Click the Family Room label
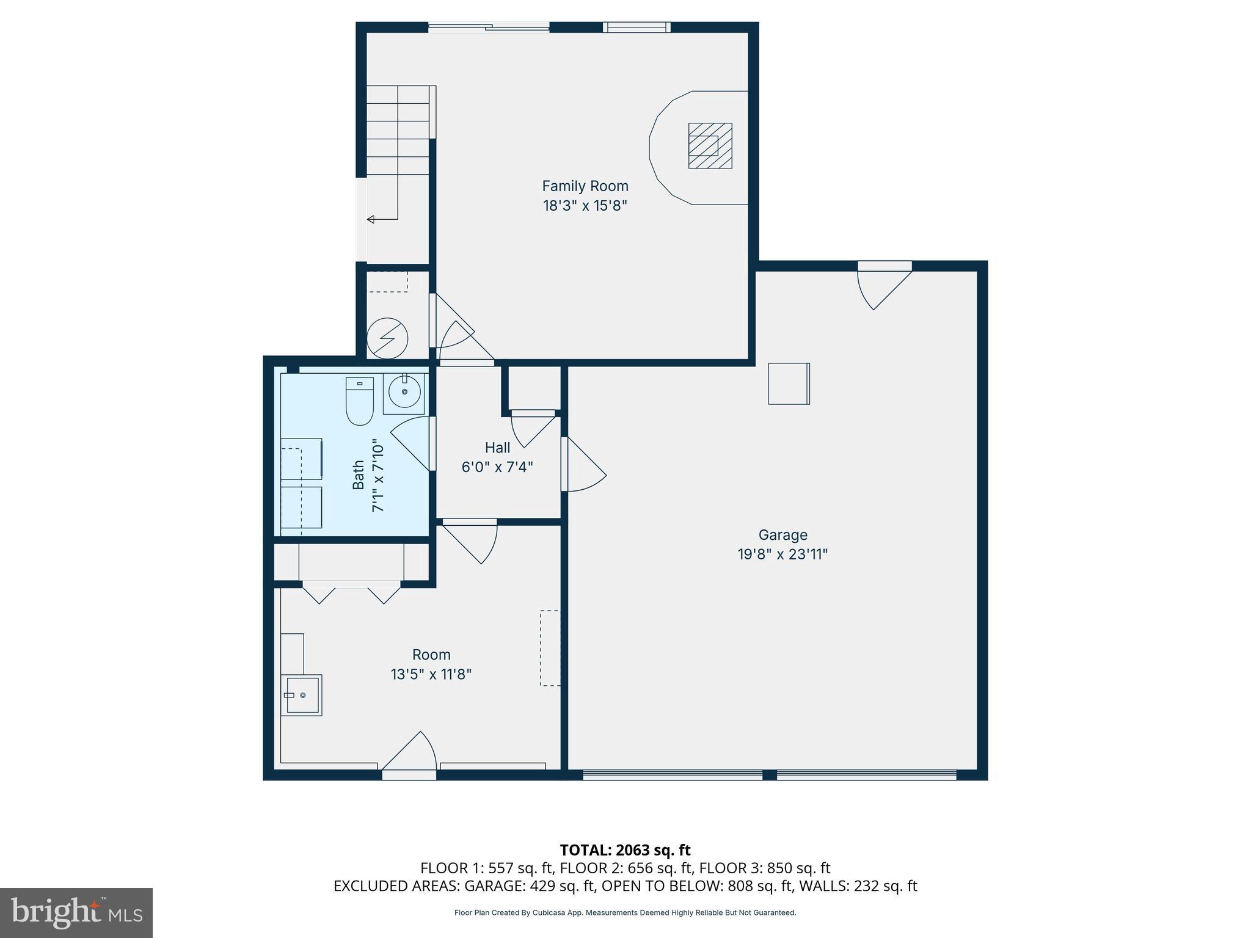tap(585, 186)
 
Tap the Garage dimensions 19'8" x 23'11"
tap(782, 554)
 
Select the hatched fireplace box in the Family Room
tap(710, 146)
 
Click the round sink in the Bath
tap(404, 392)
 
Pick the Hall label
tap(497, 448)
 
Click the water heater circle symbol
tap(387, 338)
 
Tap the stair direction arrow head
tap(371, 219)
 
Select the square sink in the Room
tap(301, 695)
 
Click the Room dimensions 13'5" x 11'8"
tap(431, 674)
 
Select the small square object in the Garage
tap(789, 384)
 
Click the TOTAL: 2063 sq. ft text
tap(625, 850)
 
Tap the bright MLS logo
tap(76, 913)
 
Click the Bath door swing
tap(412, 443)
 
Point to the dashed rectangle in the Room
tap(550, 648)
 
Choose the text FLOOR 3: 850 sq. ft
tap(765, 868)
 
